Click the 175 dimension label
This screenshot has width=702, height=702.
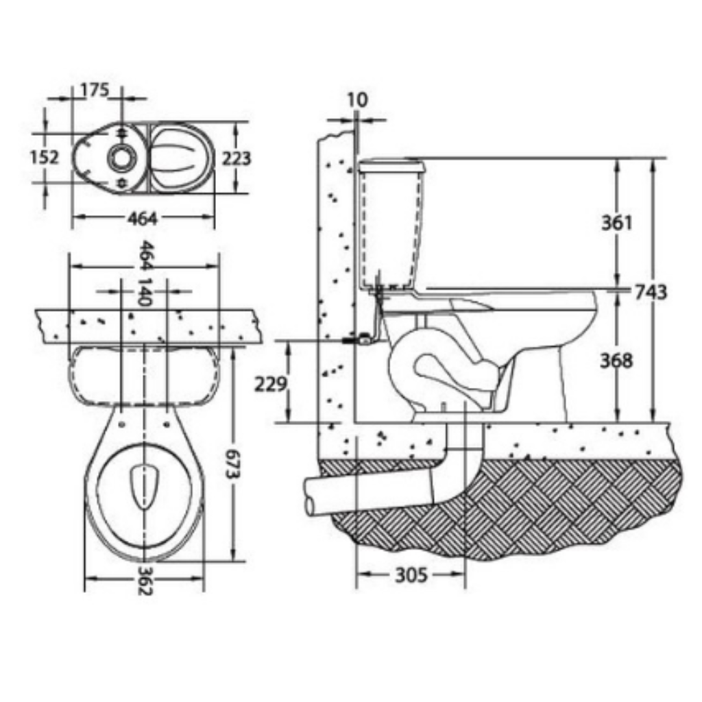click(x=95, y=90)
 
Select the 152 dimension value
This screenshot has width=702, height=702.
click(x=44, y=157)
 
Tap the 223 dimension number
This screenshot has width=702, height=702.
click(x=237, y=158)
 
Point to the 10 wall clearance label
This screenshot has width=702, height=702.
click(x=357, y=99)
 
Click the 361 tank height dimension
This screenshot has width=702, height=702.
click(x=616, y=223)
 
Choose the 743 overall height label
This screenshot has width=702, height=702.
click(x=651, y=292)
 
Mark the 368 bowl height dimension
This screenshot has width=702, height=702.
click(x=616, y=361)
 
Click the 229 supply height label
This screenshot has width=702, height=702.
click(x=270, y=384)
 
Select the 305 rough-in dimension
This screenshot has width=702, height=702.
click(x=411, y=575)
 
